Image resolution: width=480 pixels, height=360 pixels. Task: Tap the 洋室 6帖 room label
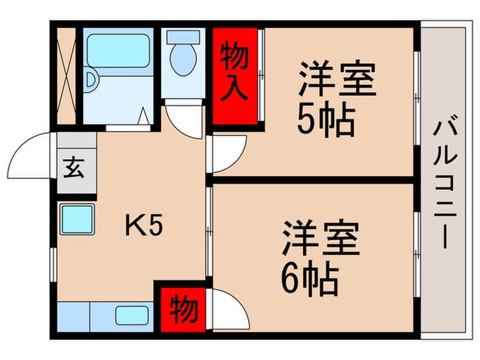click(x=320, y=256)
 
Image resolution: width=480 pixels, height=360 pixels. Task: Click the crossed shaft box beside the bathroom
click(x=67, y=75)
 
